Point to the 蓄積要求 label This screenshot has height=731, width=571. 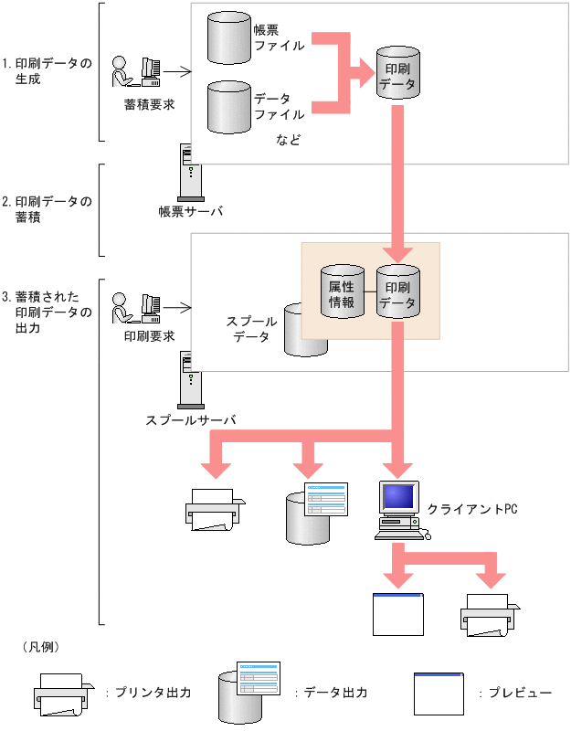pyautogui.click(x=149, y=104)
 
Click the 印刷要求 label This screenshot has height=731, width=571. pyautogui.click(x=149, y=335)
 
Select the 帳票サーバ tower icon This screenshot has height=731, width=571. pyautogui.click(x=189, y=172)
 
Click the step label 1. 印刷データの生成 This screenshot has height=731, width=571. pyautogui.click(x=48, y=71)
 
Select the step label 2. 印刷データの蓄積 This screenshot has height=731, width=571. pyautogui.click(x=48, y=209)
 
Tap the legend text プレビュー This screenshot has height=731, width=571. pyautogui.click(x=516, y=693)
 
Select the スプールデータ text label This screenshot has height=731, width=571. pyautogui.click(x=251, y=330)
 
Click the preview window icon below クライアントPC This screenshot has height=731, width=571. pyautogui.click(x=398, y=614)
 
